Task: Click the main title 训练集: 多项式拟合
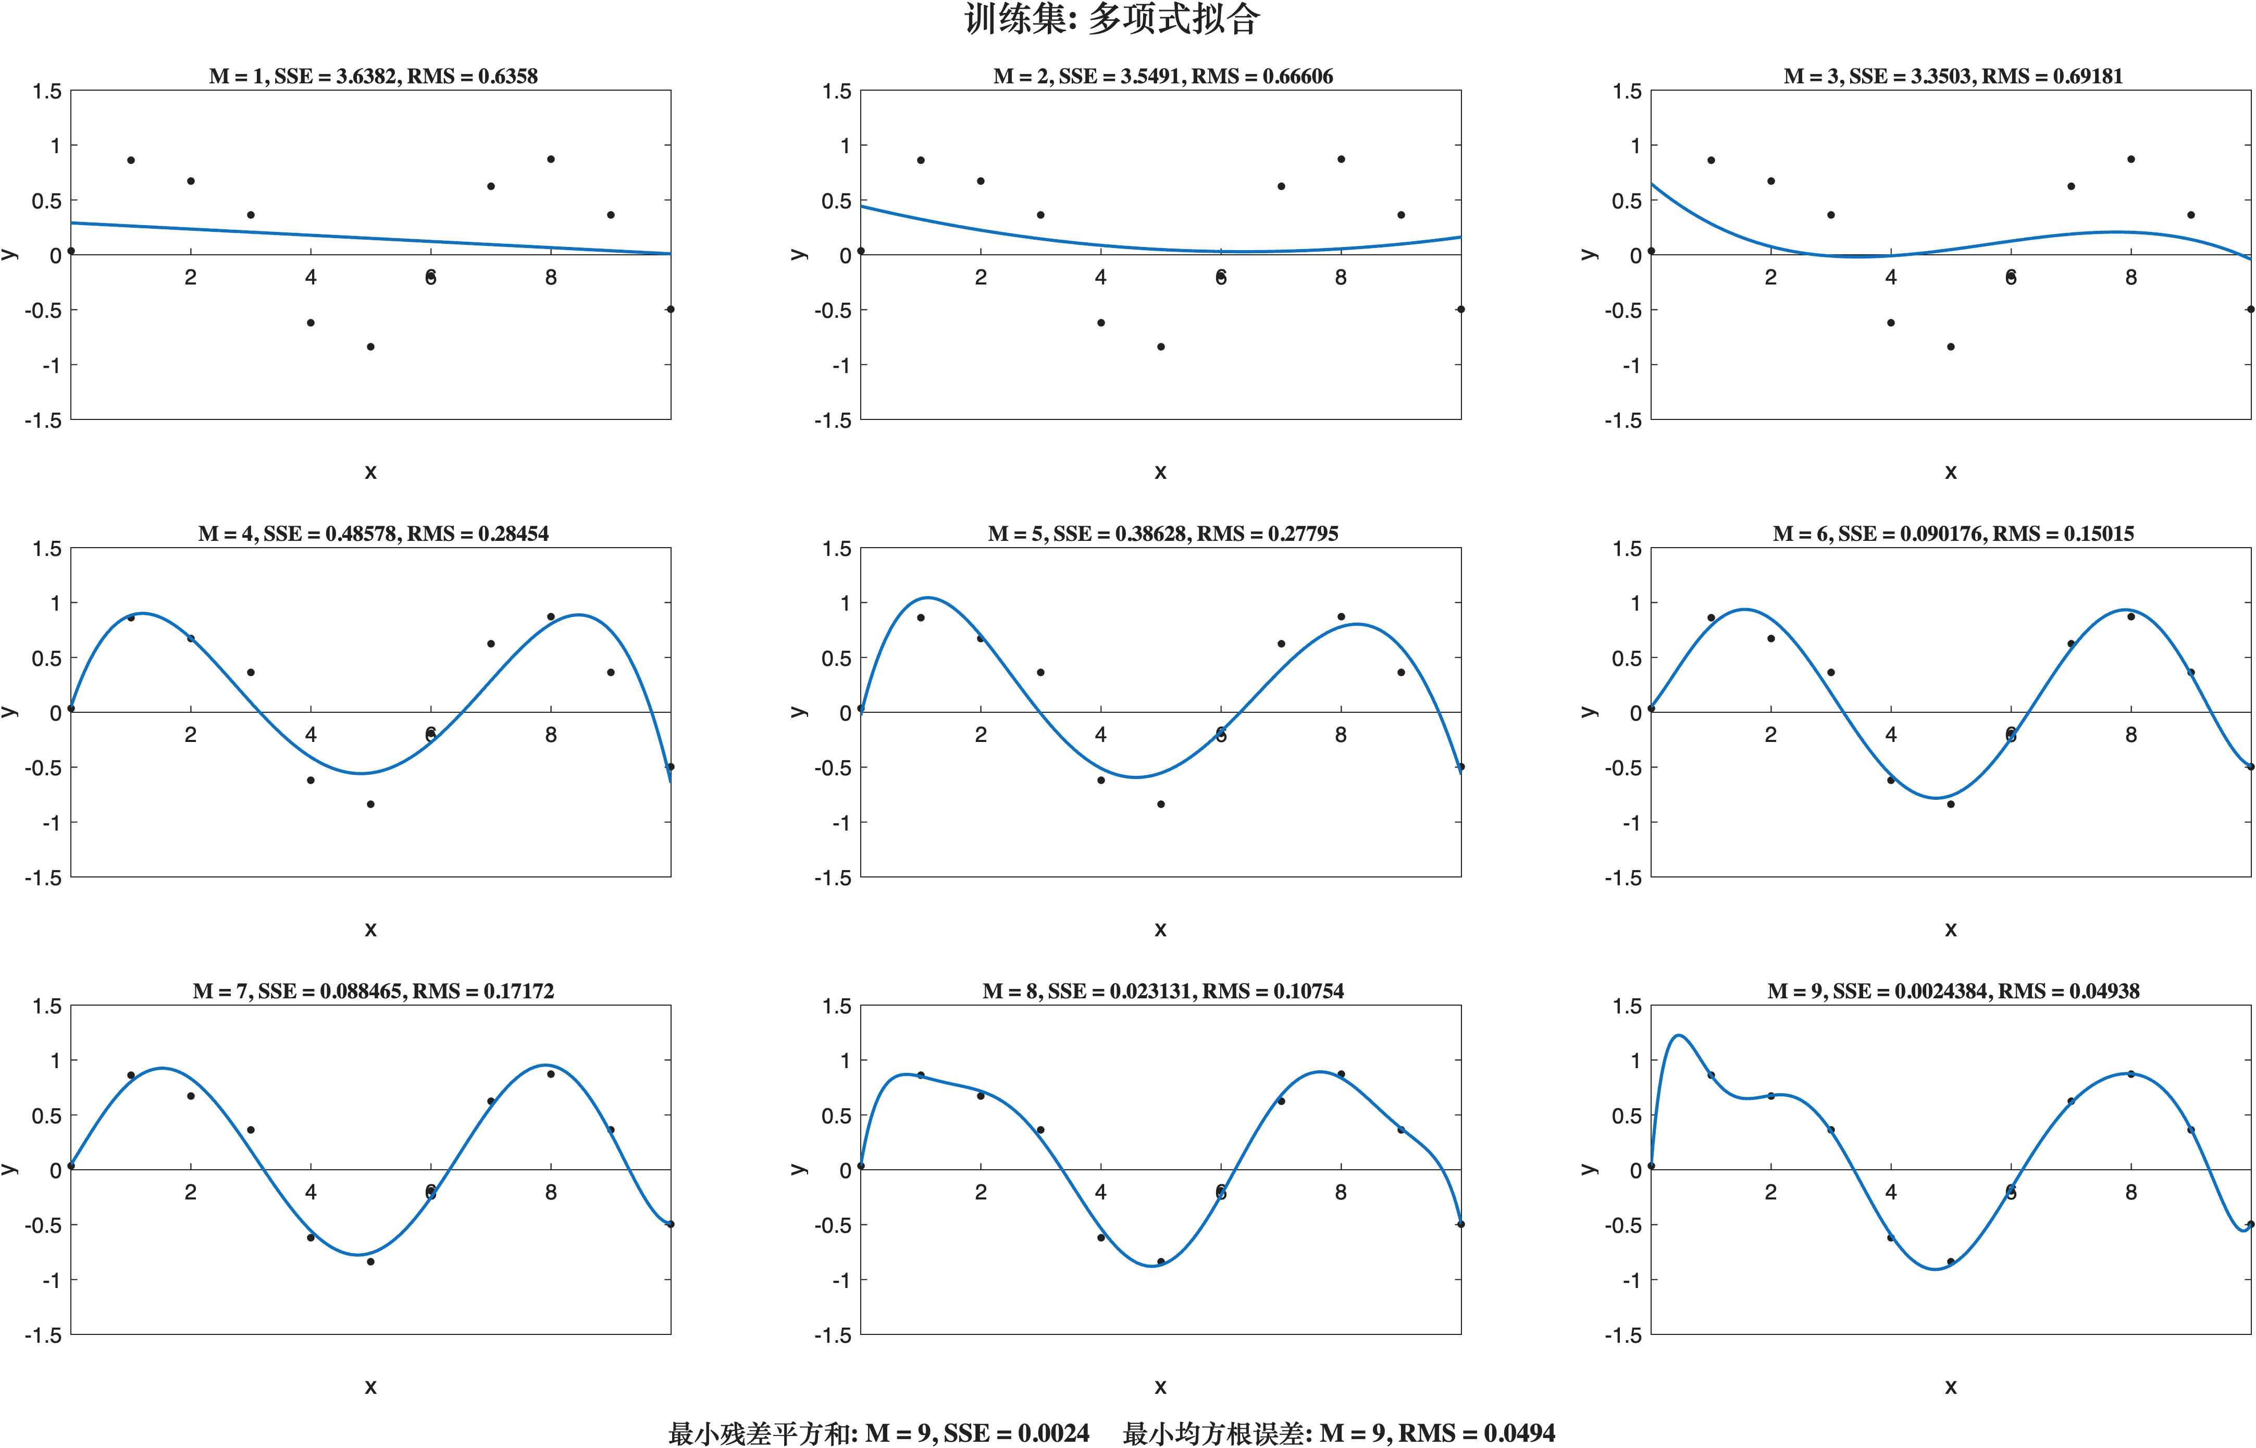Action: coord(1112,19)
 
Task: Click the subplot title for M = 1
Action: coord(373,76)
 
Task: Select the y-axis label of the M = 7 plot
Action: coord(9,1169)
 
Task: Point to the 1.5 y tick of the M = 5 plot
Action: coord(837,548)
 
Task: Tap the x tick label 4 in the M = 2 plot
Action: coord(1101,277)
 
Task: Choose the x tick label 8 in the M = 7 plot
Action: coord(551,1192)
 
